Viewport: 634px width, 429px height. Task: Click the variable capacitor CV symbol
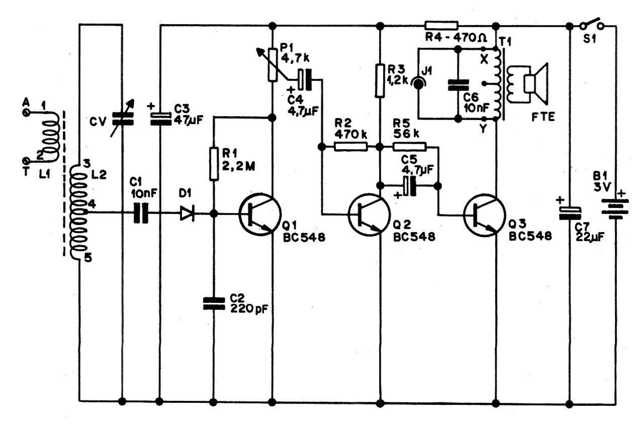click(x=122, y=119)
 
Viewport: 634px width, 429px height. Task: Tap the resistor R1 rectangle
click(x=213, y=164)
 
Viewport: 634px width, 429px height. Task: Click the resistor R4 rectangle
click(x=441, y=26)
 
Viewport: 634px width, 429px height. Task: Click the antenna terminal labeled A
click(x=26, y=113)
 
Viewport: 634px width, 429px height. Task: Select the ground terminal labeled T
click(x=26, y=161)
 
